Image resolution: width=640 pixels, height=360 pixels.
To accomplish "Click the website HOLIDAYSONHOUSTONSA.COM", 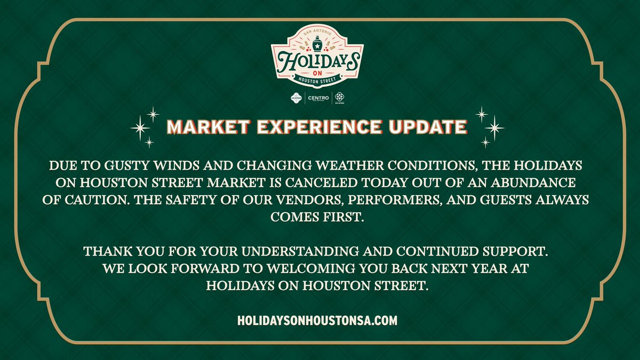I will click(318, 321).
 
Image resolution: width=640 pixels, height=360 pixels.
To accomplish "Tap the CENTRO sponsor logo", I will click(318, 98).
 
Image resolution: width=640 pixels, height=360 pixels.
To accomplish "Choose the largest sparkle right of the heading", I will click(494, 127).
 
